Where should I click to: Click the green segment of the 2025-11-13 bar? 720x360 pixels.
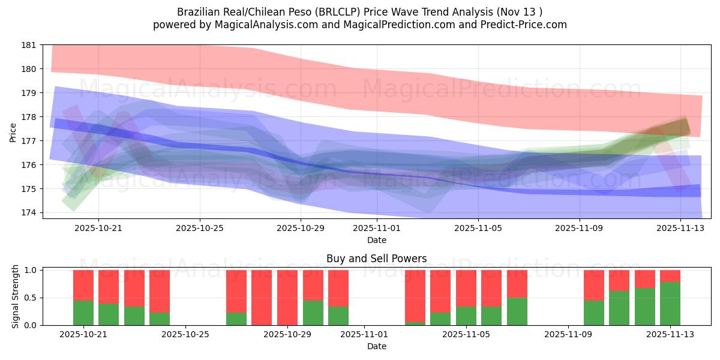point(670,304)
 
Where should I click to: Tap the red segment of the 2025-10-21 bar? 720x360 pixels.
point(83,285)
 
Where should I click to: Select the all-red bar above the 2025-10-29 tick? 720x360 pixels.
point(287,298)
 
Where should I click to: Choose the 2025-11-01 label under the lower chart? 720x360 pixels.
point(364,335)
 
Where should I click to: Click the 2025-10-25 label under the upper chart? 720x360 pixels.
point(200,229)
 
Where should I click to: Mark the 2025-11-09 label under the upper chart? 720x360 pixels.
point(579,229)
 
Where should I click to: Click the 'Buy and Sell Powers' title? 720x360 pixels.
point(377,259)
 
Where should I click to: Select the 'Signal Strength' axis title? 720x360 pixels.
point(16,298)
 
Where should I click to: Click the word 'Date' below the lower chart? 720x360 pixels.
point(377,346)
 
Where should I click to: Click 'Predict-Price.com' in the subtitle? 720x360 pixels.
point(526,25)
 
